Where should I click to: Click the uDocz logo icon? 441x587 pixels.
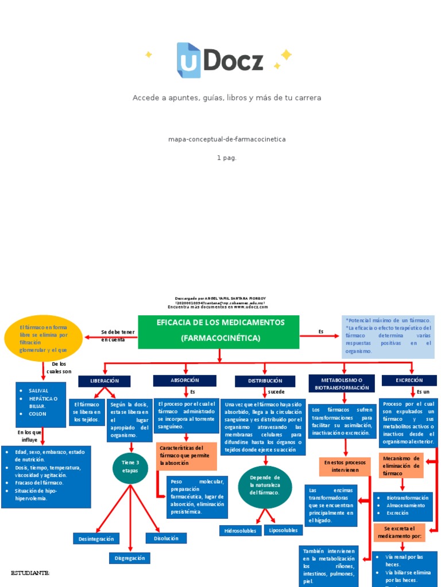[x=189, y=60]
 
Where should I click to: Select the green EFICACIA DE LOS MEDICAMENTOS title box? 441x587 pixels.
[x=219, y=331]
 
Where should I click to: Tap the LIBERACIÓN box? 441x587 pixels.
[x=105, y=381]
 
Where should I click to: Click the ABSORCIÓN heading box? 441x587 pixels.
[x=184, y=380]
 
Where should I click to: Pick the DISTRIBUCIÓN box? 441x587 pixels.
[x=265, y=381]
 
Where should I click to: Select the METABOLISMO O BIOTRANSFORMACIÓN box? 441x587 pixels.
[x=342, y=383]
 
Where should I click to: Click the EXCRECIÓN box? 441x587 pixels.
[x=409, y=380]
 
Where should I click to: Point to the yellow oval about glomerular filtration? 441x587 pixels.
[x=44, y=338]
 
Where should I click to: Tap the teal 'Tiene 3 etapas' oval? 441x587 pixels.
[x=130, y=467]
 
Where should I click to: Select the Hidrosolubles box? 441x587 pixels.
[x=240, y=530]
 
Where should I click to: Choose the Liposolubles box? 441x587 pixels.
[x=283, y=530]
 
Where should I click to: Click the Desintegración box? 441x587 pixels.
[x=96, y=538]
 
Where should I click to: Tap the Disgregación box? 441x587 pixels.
[x=129, y=558]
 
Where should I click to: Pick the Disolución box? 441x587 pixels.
[x=166, y=538]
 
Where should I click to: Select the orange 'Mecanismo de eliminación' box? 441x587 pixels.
[x=401, y=465]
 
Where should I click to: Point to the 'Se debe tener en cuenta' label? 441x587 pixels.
[x=118, y=336]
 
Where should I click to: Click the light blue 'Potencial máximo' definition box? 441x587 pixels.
[x=388, y=335]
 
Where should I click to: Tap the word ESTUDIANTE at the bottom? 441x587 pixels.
[x=30, y=573]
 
